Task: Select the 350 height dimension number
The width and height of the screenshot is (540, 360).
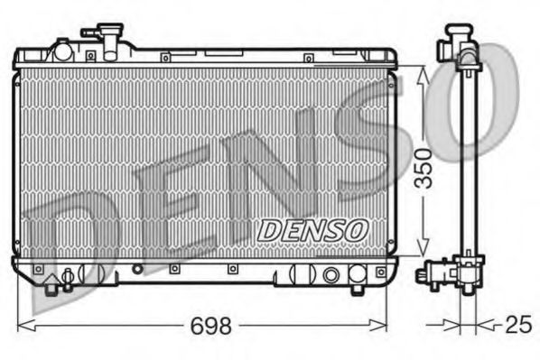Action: click(433, 167)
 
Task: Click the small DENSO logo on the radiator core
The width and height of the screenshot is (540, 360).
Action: click(311, 230)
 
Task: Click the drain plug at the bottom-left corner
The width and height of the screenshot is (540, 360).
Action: click(64, 281)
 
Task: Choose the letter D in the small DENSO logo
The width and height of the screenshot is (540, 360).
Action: click(269, 231)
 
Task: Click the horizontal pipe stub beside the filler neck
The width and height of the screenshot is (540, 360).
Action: click(90, 32)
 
